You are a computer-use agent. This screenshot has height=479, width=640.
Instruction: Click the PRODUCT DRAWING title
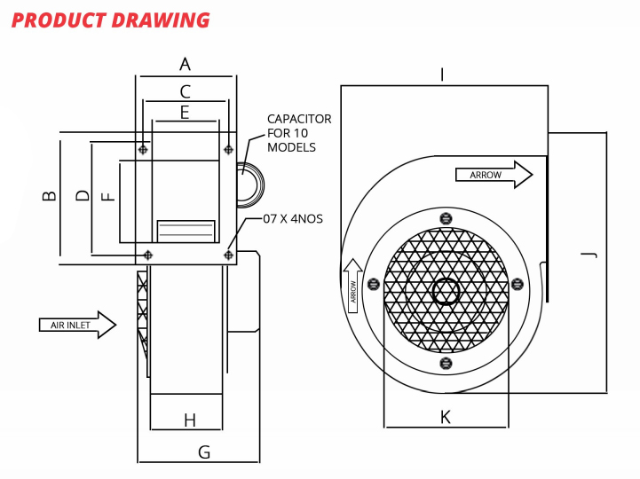point(111,20)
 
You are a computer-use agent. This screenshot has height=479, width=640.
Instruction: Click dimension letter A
point(185,64)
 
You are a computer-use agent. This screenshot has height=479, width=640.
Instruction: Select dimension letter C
point(185,90)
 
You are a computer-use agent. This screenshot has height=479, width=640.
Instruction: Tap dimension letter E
point(185,112)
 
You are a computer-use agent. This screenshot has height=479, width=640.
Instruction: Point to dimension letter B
point(50,196)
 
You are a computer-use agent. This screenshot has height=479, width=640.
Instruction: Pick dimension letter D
point(82,195)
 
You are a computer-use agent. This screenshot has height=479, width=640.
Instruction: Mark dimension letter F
point(108,196)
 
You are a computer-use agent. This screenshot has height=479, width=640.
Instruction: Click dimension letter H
point(189,420)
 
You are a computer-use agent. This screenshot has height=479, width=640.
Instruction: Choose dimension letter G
point(204,452)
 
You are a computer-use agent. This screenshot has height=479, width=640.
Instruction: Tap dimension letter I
point(442,75)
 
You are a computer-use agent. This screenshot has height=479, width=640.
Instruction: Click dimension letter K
point(446,417)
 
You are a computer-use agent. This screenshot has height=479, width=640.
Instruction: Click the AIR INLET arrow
point(77,325)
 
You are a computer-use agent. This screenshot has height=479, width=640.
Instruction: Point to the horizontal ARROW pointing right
point(494,175)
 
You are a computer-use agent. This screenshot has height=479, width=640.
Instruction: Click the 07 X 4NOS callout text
point(293,218)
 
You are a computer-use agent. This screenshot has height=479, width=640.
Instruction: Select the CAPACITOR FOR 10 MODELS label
point(299,133)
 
